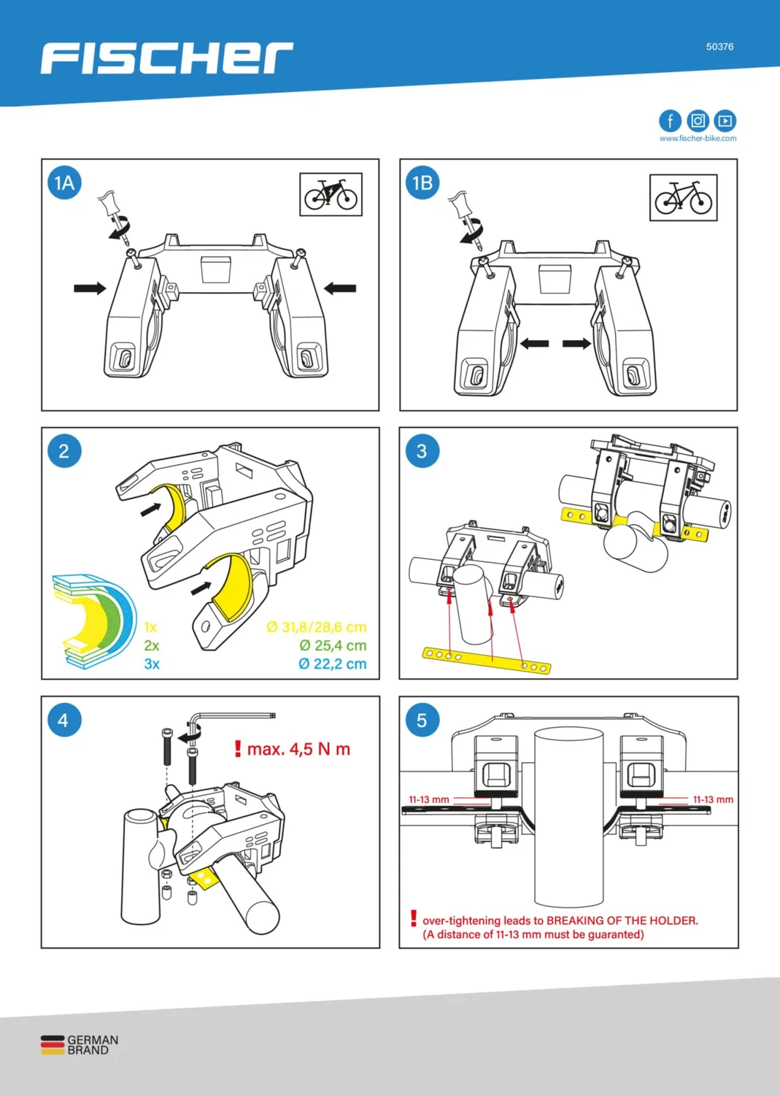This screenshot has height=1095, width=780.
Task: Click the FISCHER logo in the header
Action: click(x=166, y=58)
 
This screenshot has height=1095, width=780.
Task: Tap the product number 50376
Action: click(x=719, y=47)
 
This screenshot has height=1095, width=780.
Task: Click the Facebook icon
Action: click(x=670, y=120)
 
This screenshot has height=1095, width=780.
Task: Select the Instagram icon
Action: click(x=698, y=120)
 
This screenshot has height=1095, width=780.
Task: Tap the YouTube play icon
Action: click(x=725, y=120)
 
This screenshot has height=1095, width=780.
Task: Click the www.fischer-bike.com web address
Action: click(x=698, y=139)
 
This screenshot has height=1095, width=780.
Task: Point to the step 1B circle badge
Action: click(x=422, y=182)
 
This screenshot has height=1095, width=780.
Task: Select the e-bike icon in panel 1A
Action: click(x=331, y=194)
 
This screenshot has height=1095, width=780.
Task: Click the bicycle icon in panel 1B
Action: click(x=683, y=198)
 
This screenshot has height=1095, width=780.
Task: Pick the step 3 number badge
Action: click(x=422, y=450)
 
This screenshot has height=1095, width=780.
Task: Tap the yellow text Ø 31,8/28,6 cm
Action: click(x=317, y=627)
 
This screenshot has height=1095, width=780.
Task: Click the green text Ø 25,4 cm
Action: click(x=333, y=646)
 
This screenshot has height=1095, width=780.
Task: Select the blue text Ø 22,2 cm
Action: click(x=332, y=664)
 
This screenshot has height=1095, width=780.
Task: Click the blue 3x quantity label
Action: click(x=152, y=664)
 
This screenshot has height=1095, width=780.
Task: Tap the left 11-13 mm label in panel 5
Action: click(x=428, y=800)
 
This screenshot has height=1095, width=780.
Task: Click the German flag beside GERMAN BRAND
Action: click(x=53, y=1045)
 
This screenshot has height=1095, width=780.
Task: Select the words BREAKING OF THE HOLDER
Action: click(x=622, y=921)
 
